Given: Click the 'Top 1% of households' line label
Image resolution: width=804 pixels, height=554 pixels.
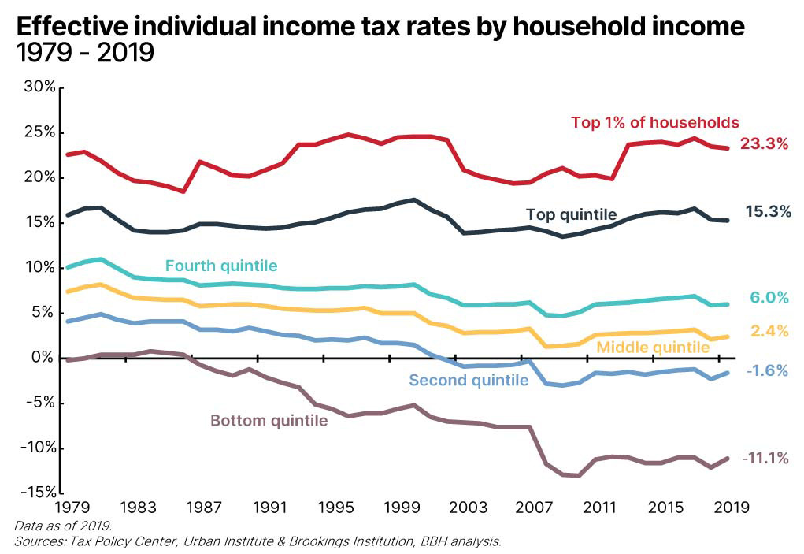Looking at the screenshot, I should (x=654, y=122).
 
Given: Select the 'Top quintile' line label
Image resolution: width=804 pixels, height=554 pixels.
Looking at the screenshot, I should (x=571, y=214).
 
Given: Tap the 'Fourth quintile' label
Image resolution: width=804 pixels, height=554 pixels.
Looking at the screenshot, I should (x=221, y=266).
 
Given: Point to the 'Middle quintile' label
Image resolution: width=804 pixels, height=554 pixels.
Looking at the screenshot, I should (x=653, y=348).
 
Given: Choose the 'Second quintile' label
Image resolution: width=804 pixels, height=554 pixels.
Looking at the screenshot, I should (x=469, y=381).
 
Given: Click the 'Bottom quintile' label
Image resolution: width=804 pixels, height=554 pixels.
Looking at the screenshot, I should (x=269, y=421).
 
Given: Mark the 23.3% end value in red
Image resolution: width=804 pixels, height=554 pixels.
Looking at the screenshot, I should (x=764, y=146).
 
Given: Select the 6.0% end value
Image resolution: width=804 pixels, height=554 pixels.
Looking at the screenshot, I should (x=769, y=297).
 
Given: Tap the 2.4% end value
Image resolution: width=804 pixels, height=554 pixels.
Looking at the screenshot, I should (x=769, y=332).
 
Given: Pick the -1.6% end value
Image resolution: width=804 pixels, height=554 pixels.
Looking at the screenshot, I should (x=765, y=370).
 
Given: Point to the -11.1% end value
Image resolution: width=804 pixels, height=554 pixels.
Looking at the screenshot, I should (x=765, y=457).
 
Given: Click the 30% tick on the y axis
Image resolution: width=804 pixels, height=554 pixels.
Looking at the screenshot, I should (x=39, y=87).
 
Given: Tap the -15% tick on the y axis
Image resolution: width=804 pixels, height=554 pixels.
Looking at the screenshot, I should (x=36, y=493).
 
